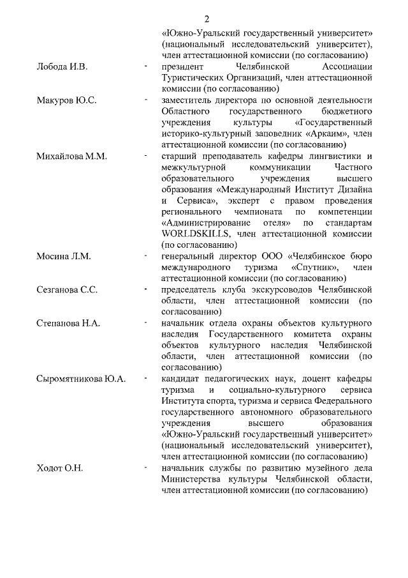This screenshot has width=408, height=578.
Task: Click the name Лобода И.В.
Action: coord(61,66)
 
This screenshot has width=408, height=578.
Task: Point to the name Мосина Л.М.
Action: coord(63,256)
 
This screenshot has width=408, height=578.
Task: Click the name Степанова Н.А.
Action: coord(68,323)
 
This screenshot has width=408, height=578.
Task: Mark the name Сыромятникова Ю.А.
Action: coord(81,379)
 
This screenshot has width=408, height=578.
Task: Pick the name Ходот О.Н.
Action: coord(61,468)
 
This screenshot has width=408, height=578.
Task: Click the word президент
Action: coord(182,66)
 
